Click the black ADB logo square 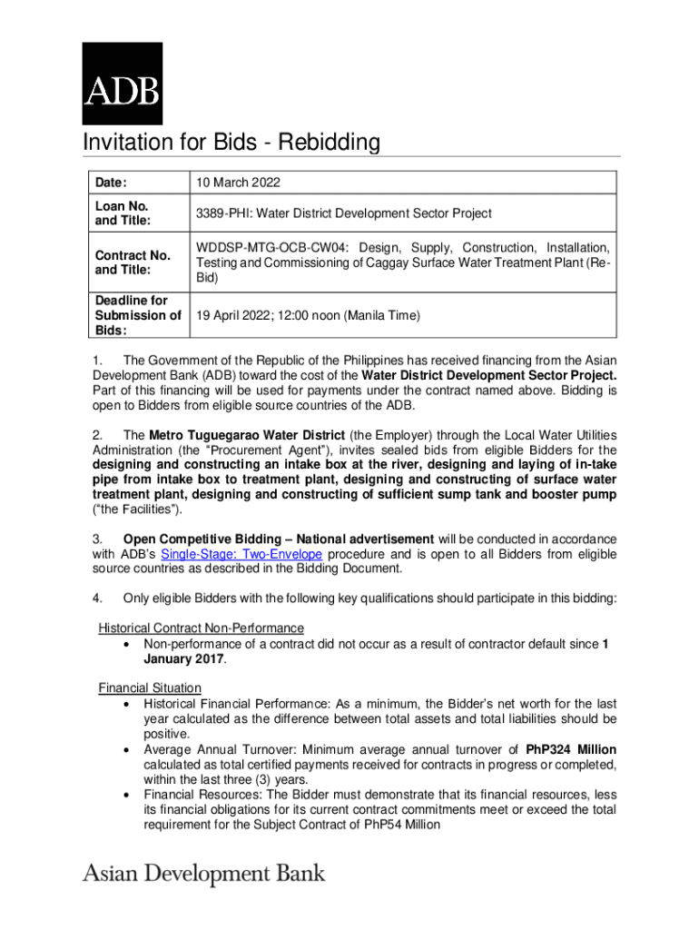pyautogui.click(x=123, y=84)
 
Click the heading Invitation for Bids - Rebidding pyautogui.click(x=231, y=143)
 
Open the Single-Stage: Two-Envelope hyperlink pyautogui.click(x=241, y=554)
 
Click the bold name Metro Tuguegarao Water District pyautogui.click(x=244, y=435)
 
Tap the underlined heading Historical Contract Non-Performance pyautogui.click(x=201, y=628)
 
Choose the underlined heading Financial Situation pyautogui.click(x=150, y=688)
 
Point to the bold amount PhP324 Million pyautogui.click(x=571, y=750)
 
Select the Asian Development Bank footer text pyautogui.click(x=203, y=875)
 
